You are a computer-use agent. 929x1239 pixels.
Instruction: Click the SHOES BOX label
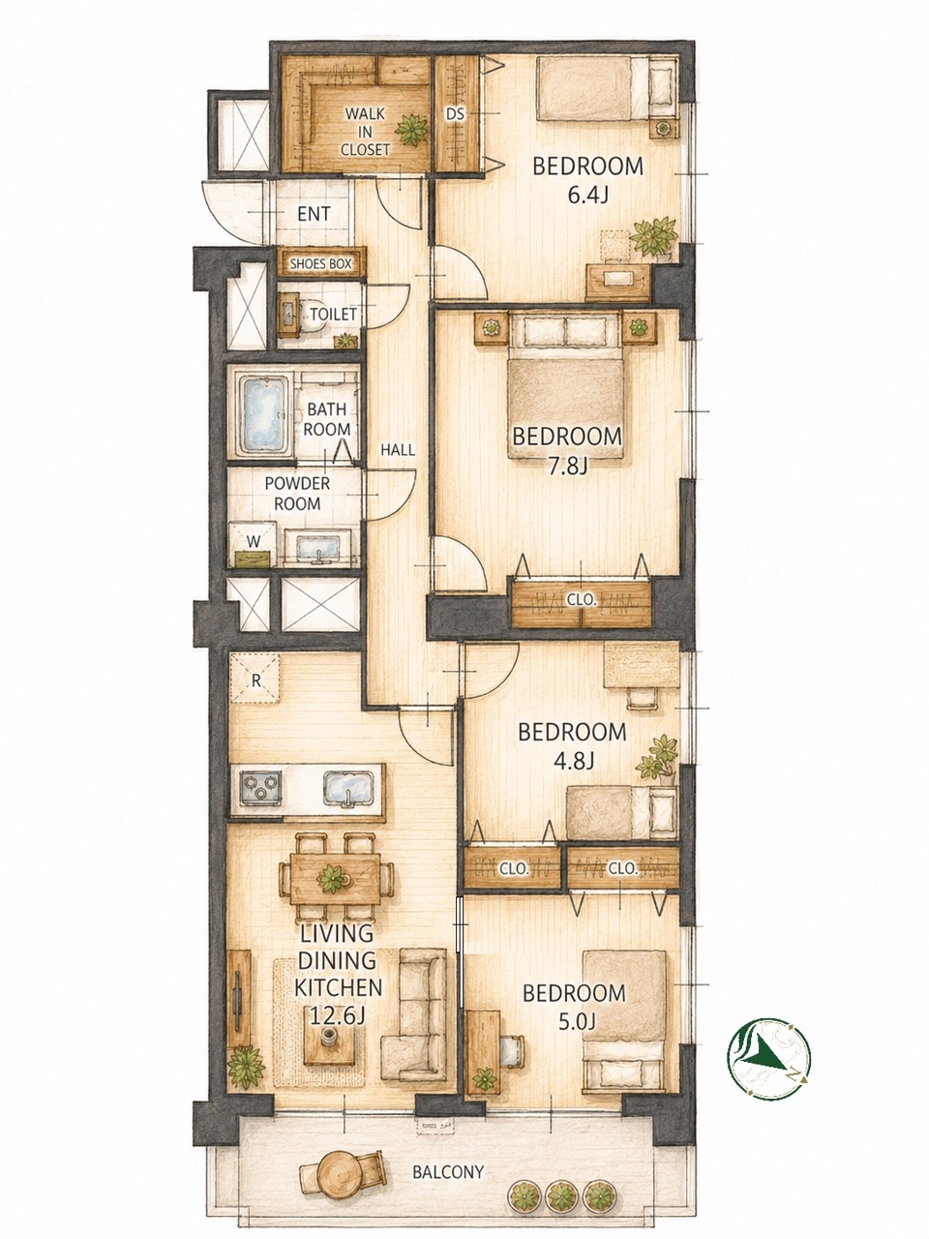tap(320, 263)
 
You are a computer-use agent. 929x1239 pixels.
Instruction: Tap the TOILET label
tap(333, 314)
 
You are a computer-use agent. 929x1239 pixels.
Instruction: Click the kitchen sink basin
tap(348, 789)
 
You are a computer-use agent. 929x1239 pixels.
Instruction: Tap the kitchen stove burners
tap(261, 787)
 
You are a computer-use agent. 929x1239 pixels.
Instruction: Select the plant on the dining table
tap(332, 880)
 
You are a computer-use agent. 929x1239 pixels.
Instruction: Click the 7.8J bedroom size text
tap(569, 467)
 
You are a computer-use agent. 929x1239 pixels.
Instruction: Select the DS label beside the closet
tap(455, 114)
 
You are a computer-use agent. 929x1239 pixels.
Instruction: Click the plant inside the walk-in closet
tap(410, 131)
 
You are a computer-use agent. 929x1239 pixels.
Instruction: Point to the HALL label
tap(398, 450)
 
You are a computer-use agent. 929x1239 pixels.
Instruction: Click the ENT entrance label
tap(314, 215)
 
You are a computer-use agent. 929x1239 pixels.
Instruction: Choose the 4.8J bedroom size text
tap(572, 762)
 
